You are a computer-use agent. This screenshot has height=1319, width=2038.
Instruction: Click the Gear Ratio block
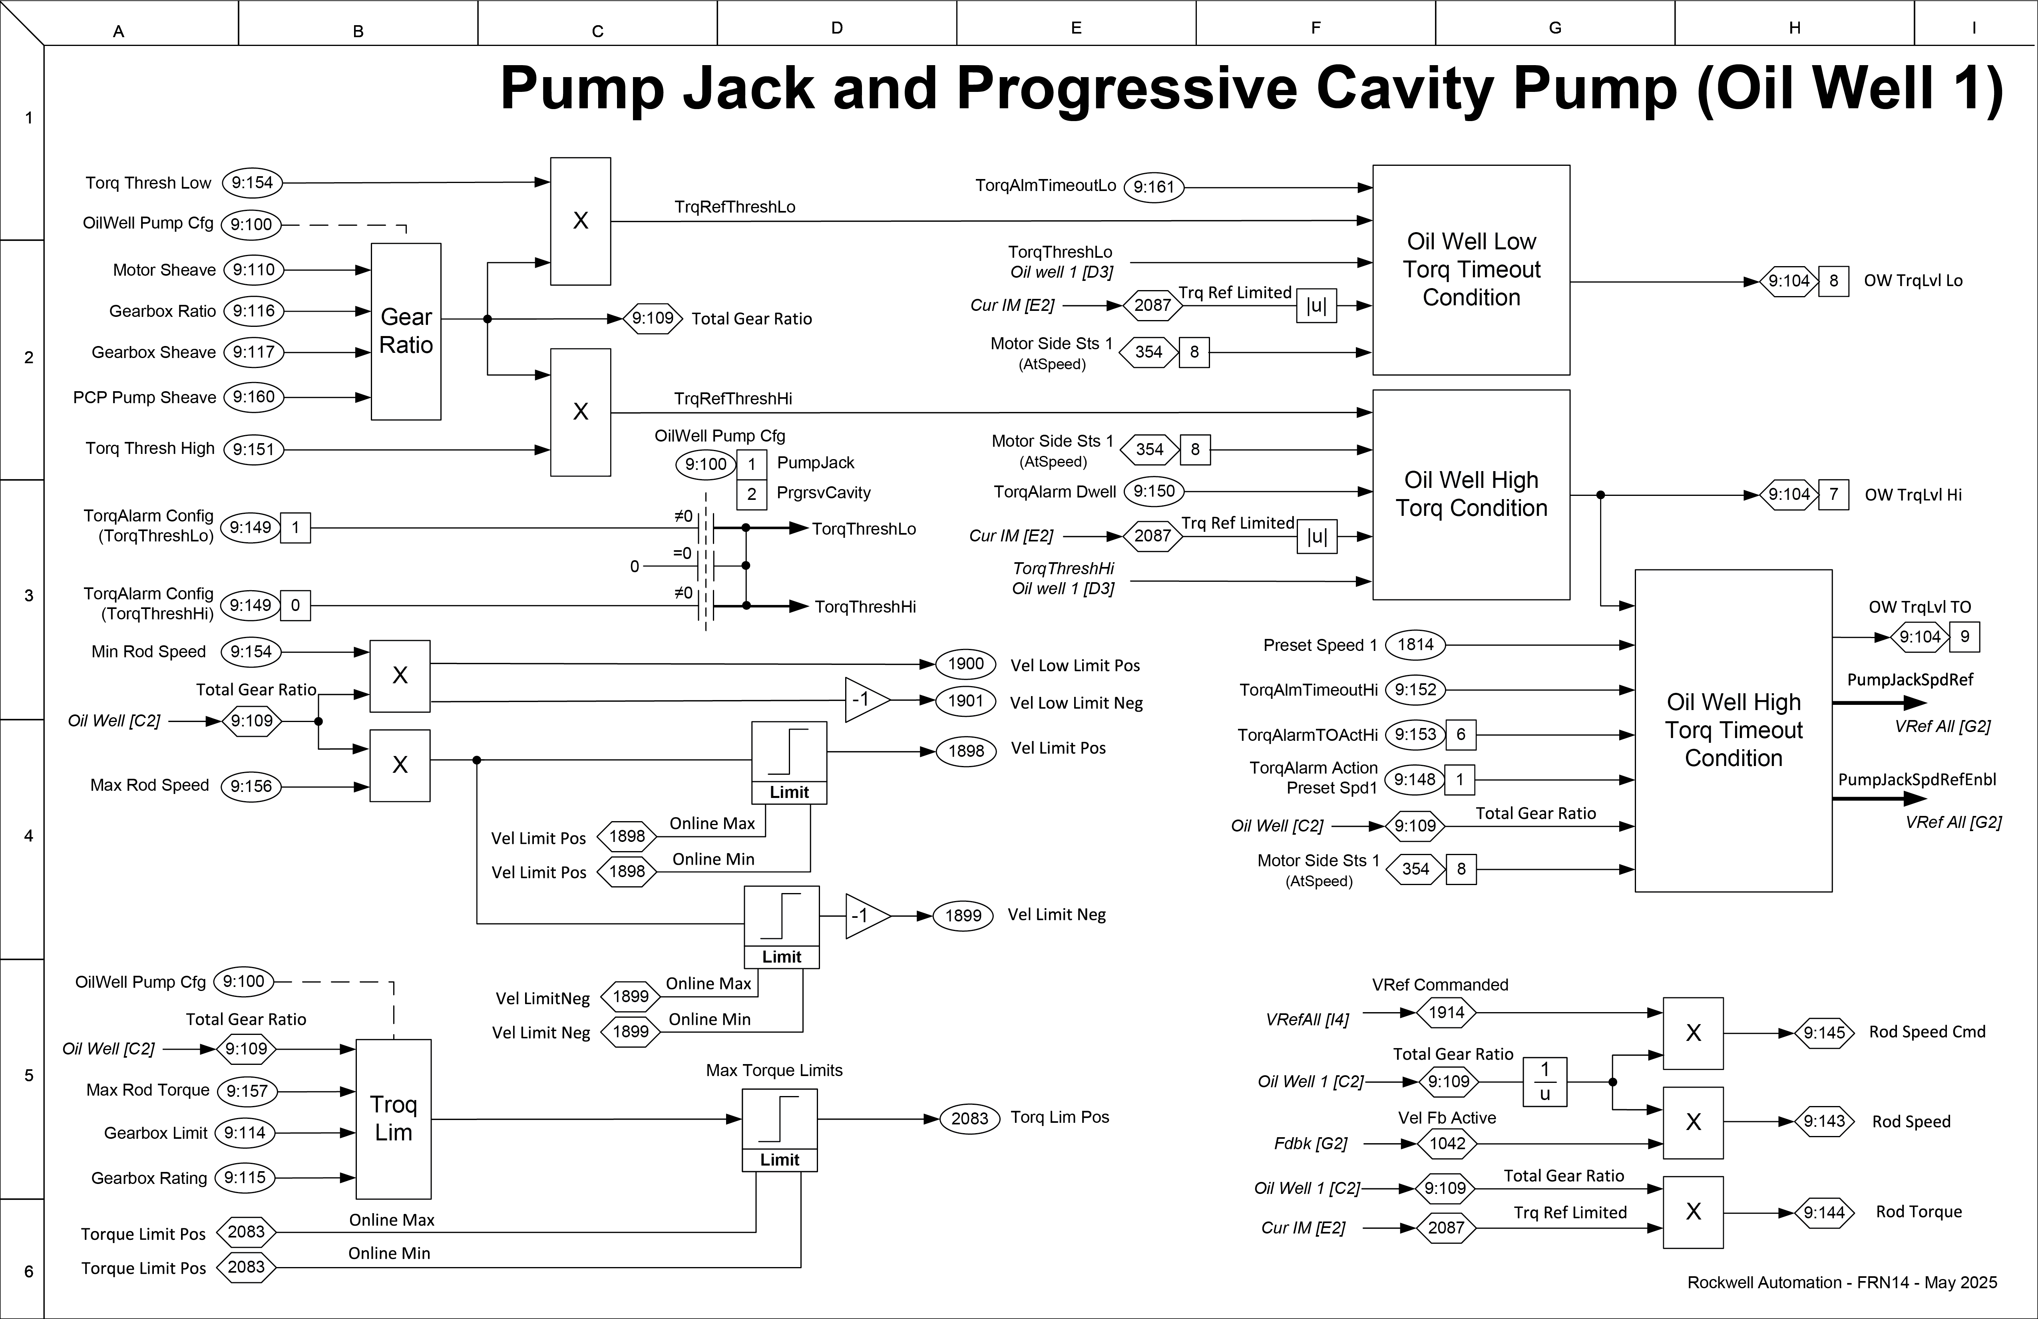[x=406, y=332]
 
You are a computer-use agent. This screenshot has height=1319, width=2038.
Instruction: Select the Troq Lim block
[x=393, y=1118]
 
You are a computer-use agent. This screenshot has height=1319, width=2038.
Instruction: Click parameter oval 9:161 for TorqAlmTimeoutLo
[x=1153, y=187]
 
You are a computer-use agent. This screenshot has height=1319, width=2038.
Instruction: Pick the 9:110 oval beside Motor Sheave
[x=253, y=270]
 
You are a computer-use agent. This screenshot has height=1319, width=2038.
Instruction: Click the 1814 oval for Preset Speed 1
[x=1415, y=645]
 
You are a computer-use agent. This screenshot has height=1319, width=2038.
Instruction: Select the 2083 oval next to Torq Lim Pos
[x=969, y=1118]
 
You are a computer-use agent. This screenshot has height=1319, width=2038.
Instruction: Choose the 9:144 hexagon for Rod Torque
[x=1824, y=1212]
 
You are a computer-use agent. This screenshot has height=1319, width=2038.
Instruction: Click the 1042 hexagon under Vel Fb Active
[x=1447, y=1144]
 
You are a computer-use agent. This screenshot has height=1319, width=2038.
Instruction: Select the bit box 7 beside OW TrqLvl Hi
[x=1833, y=494]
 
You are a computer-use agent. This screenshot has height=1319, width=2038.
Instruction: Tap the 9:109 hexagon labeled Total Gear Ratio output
[x=653, y=318]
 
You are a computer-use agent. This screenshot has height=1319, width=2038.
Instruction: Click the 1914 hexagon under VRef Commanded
[x=1446, y=1013]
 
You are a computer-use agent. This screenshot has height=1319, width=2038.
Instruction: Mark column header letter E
[x=1077, y=28]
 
